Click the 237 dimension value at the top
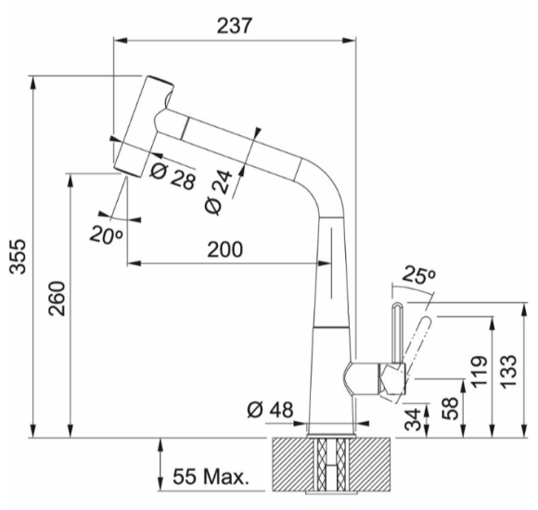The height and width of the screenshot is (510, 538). pos(234,26)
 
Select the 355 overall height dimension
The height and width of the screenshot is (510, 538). pos(18,256)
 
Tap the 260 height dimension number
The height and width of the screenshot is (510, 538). pos(57,299)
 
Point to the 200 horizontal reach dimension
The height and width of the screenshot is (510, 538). pos(225,249)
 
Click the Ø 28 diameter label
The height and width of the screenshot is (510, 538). pos(173,175)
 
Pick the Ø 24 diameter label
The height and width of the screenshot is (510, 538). pos(218,192)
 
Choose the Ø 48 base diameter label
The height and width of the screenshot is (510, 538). pos(270,410)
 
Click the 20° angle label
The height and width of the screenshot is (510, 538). pos(106,236)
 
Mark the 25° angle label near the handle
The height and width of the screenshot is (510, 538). pos(418,274)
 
